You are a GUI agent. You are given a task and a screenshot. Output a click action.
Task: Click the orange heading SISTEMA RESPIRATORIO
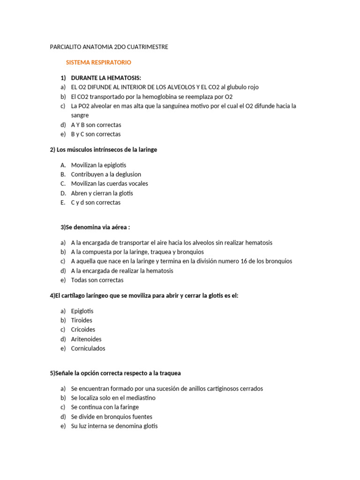tap(98, 62)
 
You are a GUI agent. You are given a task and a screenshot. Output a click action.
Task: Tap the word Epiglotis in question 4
tap(82, 311)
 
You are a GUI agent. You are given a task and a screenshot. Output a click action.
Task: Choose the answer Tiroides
tap(82, 320)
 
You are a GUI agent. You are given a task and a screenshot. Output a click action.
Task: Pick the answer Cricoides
tap(83, 330)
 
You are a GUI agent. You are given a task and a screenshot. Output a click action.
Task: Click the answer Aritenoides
tap(86, 339)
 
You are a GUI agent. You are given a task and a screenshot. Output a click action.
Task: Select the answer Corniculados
tap(88, 348)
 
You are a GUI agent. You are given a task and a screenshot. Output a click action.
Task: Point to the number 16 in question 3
tap(244, 261)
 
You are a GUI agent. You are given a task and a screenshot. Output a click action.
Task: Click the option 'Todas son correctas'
tap(97, 280)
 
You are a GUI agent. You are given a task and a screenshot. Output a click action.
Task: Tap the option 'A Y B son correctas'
tap(96, 125)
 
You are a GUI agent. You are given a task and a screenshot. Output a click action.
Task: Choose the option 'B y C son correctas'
tap(96, 134)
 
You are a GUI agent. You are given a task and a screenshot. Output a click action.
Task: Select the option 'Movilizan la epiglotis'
tap(98, 165)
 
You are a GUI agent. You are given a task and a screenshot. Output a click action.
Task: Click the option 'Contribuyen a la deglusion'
tap(106, 174)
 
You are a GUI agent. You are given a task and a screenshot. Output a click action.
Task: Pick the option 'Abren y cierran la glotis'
tap(102, 193)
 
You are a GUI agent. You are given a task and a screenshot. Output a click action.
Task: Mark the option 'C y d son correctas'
tap(96, 202)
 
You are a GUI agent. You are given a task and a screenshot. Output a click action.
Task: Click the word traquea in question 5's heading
tap(171, 373)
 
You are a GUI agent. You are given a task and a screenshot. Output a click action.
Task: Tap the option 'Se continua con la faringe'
tap(105, 407)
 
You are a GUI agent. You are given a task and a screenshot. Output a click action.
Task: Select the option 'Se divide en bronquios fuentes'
tap(112, 417)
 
